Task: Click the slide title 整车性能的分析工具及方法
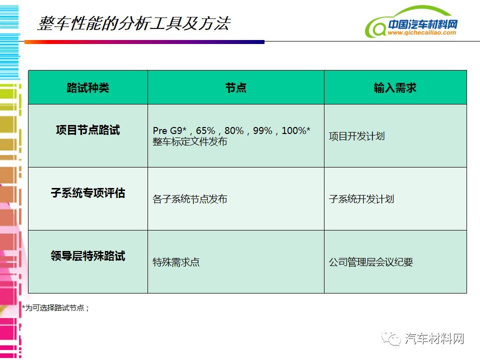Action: (134, 23)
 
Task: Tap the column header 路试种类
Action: (88, 88)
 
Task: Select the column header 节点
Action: (235, 88)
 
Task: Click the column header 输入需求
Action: (395, 88)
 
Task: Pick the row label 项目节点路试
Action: (88, 130)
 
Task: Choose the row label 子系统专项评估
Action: (88, 193)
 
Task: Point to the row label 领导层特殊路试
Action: (88, 256)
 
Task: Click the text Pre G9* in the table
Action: (170, 130)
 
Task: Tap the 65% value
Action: (205, 130)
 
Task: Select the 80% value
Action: (234, 130)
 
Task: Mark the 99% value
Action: (262, 130)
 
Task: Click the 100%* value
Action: (296, 130)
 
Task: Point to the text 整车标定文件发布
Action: (190, 141)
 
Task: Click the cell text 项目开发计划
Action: (356, 136)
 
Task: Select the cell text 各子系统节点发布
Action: (190, 199)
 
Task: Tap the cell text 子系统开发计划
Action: (361, 199)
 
